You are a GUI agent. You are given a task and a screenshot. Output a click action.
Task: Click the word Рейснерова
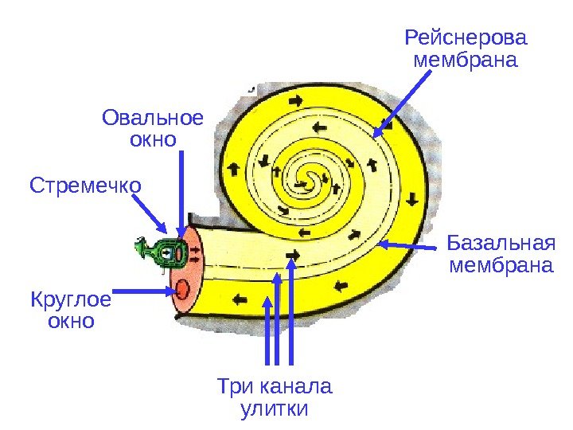[466, 37]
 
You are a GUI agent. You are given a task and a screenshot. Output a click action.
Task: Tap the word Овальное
[153, 119]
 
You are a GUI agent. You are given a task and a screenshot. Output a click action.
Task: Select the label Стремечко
[85, 186]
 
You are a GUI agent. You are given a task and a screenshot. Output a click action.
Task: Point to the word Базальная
[500, 241]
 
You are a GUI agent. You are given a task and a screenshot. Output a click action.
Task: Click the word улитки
[273, 410]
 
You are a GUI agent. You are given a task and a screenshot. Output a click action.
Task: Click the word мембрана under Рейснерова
[466, 61]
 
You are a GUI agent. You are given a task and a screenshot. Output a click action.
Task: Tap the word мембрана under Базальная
[500, 264]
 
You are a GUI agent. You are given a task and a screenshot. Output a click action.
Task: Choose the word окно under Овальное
[152, 141]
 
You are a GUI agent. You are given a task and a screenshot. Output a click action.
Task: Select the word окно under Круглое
[72, 322]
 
